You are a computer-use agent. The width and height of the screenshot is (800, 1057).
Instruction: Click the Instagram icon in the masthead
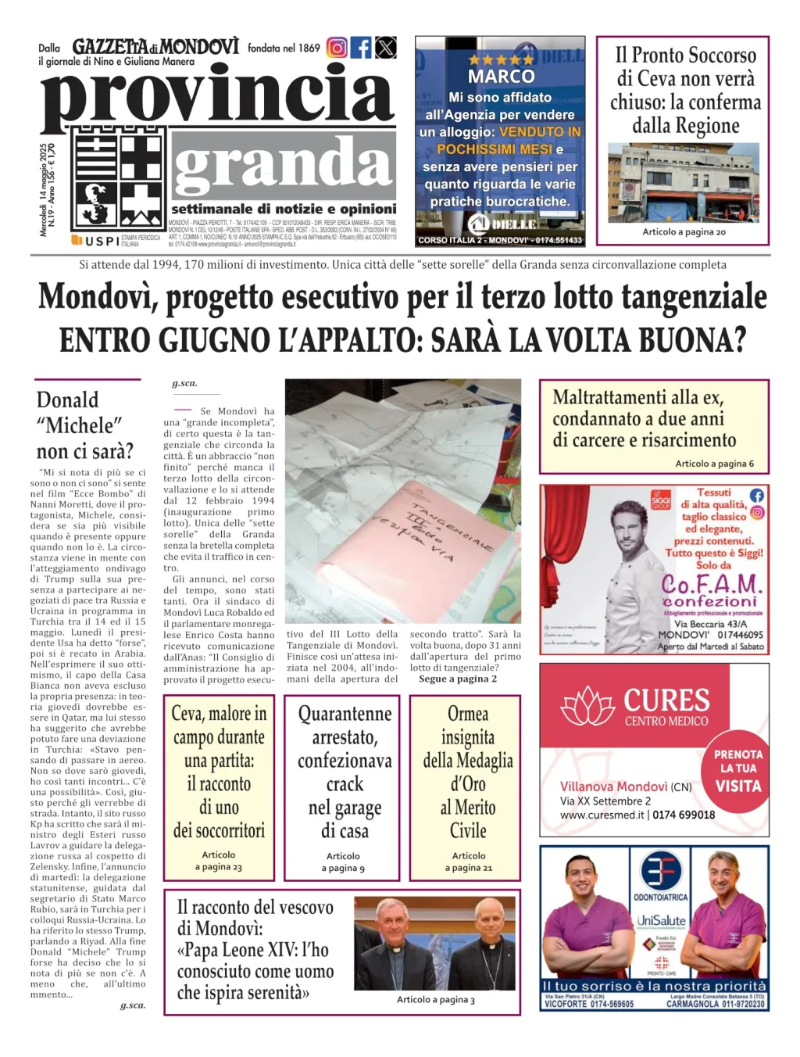pyautogui.click(x=337, y=48)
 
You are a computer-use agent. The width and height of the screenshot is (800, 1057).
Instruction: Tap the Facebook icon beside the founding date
pyautogui.click(x=361, y=48)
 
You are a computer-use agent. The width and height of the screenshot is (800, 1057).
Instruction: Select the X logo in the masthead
pyautogui.click(x=386, y=48)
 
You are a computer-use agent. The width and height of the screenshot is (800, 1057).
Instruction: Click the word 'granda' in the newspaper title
pyautogui.click(x=283, y=165)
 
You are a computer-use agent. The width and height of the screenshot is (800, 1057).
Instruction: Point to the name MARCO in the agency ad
pyautogui.click(x=501, y=77)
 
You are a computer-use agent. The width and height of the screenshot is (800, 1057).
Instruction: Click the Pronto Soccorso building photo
pyautogui.click(x=683, y=183)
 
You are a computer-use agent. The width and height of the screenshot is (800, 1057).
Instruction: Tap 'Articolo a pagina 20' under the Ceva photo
pyautogui.click(x=684, y=232)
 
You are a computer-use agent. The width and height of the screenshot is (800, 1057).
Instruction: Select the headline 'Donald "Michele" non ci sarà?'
pyautogui.click(x=85, y=425)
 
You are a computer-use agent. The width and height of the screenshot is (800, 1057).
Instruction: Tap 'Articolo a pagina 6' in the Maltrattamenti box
pyautogui.click(x=714, y=464)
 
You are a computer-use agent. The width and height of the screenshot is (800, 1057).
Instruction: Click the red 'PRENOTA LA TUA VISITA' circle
pyautogui.click(x=737, y=769)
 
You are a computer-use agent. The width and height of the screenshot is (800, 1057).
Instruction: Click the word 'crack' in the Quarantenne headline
pyautogui.click(x=345, y=784)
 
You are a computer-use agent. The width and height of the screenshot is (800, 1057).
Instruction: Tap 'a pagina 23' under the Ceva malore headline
pyautogui.click(x=219, y=867)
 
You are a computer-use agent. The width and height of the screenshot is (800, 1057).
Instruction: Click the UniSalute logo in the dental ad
pyautogui.click(x=661, y=921)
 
